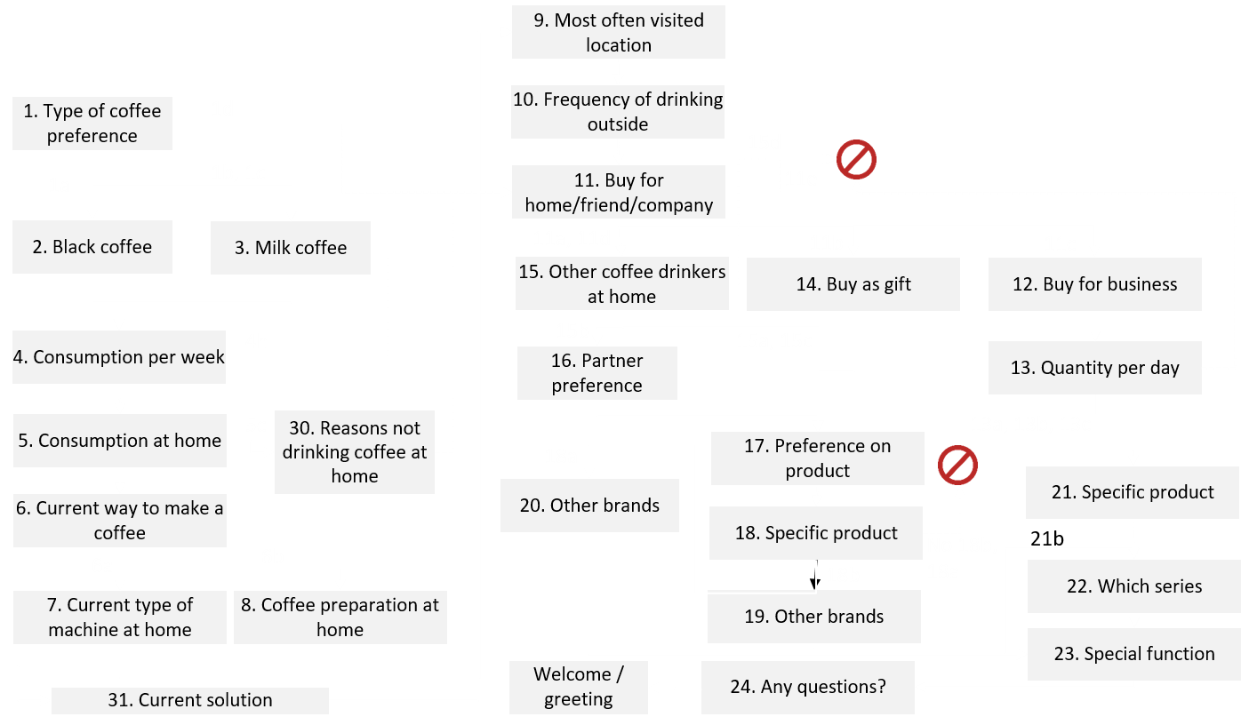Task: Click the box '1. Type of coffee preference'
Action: point(92,123)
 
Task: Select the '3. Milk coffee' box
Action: point(290,248)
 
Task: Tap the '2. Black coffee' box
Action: point(92,247)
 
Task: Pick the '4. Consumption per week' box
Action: point(118,357)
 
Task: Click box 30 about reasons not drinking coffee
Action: point(354,452)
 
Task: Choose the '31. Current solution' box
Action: point(189,700)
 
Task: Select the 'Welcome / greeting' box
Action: point(578,687)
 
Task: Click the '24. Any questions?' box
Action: point(807,687)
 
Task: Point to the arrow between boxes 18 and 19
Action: point(815,575)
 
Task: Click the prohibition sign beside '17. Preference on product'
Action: point(957,466)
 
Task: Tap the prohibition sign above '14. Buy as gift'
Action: point(856,160)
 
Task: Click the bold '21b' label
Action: point(1047,539)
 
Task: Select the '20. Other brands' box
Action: point(589,506)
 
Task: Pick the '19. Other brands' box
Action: point(813,617)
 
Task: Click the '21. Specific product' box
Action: point(1132,492)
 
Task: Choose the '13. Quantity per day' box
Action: point(1094,368)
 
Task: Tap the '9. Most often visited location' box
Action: point(618,32)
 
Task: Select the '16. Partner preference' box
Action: point(596,373)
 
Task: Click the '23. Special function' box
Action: point(1133,654)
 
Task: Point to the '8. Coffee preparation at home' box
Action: point(340,617)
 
